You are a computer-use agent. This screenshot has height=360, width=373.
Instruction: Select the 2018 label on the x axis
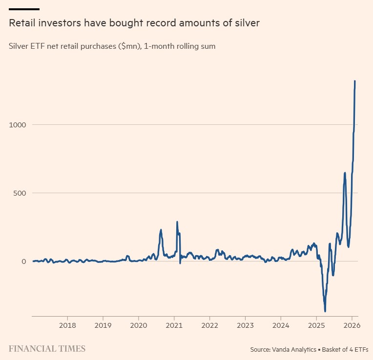[67, 325]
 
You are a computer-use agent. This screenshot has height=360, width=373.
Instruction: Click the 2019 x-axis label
[103, 325]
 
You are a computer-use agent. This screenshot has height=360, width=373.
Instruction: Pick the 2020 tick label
[139, 325]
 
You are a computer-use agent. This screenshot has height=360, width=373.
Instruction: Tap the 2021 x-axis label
[174, 325]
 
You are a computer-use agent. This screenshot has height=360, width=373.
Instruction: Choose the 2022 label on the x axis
[209, 325]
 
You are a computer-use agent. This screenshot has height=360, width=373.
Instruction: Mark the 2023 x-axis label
[245, 325]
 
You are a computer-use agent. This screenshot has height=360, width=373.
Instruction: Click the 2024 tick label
[281, 325]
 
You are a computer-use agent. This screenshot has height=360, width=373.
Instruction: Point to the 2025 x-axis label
[316, 325]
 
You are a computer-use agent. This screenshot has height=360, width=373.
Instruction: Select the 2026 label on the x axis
[352, 325]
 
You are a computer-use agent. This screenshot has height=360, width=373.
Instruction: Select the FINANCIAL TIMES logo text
[47, 349]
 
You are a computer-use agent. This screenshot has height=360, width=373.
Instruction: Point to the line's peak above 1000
[355, 81]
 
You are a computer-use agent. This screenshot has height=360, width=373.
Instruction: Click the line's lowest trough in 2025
[325, 311]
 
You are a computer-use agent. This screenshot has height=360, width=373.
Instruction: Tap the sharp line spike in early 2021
[177, 222]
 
